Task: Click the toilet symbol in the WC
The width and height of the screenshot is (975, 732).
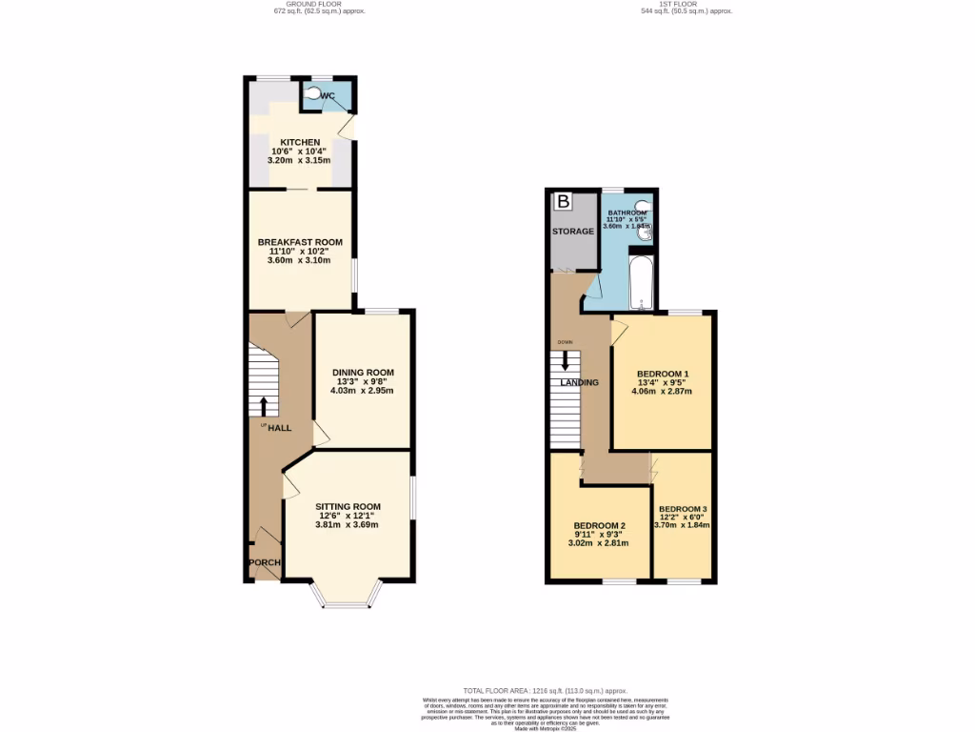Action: point(315,94)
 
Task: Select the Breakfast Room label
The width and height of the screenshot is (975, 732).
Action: point(300,242)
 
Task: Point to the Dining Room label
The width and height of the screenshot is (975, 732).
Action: point(363,372)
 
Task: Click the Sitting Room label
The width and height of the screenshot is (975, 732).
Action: point(349,506)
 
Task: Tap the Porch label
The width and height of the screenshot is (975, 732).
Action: point(264,562)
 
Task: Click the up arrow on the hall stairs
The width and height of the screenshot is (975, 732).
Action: point(264,405)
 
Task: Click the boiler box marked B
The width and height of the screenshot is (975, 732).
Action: point(564,202)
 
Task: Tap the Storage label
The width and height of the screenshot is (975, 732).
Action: point(573,232)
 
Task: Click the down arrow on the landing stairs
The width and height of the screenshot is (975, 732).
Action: point(566,361)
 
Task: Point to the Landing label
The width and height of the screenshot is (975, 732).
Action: point(579,382)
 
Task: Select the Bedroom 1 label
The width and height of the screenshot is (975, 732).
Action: point(663,373)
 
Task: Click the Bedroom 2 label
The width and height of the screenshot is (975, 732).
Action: point(599,525)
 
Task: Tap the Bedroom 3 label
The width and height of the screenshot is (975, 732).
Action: point(683,508)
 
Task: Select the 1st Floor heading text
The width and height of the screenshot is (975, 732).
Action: point(686,4)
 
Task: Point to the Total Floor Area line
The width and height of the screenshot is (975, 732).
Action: point(545,690)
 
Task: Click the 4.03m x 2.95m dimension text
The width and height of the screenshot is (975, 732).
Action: point(363,390)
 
